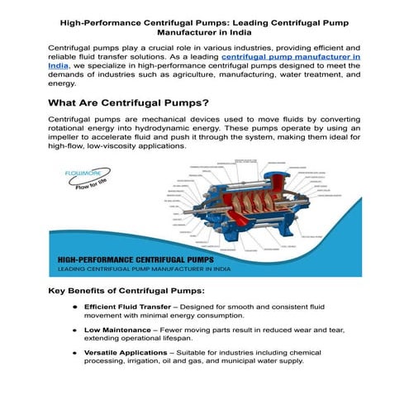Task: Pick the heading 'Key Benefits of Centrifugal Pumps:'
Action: tap(125, 292)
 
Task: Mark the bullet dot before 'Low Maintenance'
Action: tap(75, 331)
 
